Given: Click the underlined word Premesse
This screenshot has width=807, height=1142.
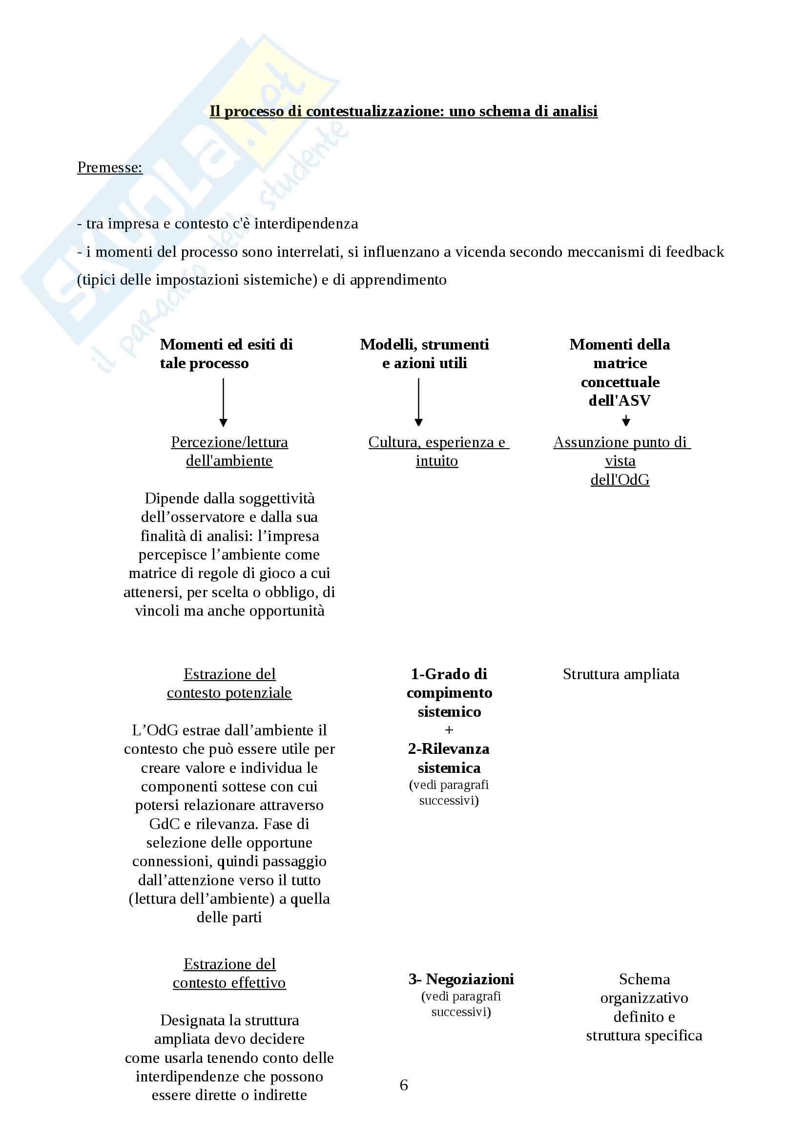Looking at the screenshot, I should [x=109, y=167].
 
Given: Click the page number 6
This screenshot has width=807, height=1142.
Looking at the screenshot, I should [x=404, y=1085].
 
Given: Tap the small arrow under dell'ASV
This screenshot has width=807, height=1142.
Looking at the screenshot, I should [x=626, y=421].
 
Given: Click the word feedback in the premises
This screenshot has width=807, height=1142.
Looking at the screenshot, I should [x=695, y=251].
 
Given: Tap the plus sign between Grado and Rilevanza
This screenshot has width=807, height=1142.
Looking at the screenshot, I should [x=449, y=729].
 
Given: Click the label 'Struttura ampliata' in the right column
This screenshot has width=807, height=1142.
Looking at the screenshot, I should [x=621, y=674].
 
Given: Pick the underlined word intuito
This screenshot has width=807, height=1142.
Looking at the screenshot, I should [x=436, y=461].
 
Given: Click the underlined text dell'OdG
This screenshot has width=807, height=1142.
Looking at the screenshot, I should [x=620, y=479].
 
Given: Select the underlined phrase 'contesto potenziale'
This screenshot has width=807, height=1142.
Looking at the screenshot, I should [x=229, y=693].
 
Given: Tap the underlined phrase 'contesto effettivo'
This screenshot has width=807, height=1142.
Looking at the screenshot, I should [x=229, y=983].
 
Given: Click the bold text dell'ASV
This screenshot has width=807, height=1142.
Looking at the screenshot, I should [x=620, y=400].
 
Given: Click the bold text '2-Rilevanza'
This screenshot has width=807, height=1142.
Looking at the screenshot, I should [x=449, y=748].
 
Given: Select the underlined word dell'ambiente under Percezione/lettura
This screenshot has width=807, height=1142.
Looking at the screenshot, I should [x=229, y=461].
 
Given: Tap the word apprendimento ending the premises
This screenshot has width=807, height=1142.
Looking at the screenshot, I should [x=398, y=280].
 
